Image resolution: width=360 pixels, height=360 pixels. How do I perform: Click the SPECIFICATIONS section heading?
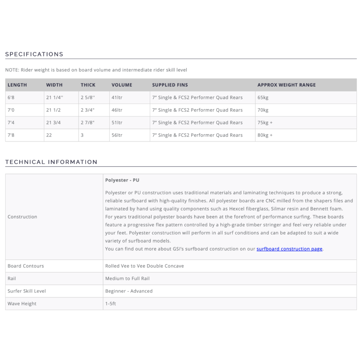(x=34, y=54)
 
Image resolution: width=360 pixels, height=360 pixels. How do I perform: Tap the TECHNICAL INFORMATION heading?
(x=51, y=162)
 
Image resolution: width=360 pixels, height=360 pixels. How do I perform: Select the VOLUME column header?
(x=122, y=85)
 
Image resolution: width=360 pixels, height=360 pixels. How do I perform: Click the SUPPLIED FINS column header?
(x=170, y=85)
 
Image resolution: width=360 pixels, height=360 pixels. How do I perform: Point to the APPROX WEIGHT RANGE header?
(x=286, y=85)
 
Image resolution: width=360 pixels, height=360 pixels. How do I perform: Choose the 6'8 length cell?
(x=11, y=97)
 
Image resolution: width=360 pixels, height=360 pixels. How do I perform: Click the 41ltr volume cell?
(x=117, y=97)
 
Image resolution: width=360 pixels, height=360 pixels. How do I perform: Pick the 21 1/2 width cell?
(x=53, y=110)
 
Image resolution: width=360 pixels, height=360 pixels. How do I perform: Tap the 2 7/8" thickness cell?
(x=88, y=123)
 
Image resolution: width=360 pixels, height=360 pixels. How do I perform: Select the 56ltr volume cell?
(x=117, y=135)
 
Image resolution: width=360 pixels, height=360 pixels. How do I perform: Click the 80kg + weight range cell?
(x=265, y=135)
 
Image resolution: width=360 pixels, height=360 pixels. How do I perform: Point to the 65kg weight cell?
(x=263, y=97)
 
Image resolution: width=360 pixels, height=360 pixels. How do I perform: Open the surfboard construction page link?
(x=289, y=249)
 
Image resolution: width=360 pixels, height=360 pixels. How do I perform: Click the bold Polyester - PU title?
(x=122, y=180)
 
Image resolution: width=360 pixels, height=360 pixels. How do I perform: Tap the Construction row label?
(x=22, y=217)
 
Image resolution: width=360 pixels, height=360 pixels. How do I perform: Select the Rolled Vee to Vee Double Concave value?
(x=145, y=266)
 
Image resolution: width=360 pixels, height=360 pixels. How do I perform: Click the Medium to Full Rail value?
(x=127, y=279)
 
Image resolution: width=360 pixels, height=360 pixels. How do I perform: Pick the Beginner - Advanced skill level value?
(x=129, y=291)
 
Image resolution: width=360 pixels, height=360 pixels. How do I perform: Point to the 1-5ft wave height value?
(x=110, y=304)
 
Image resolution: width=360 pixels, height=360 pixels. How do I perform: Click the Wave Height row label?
(x=22, y=304)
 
